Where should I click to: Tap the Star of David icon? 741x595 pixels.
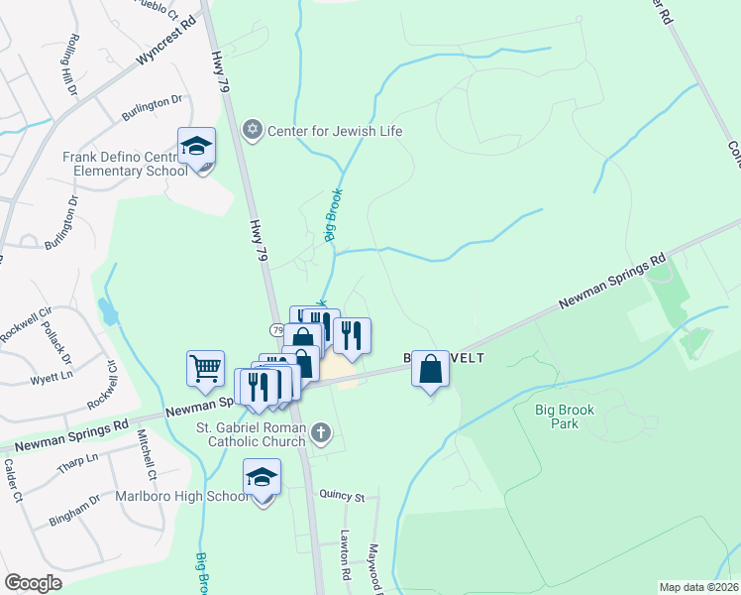click(252, 131)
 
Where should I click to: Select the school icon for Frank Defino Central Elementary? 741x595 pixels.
click(197, 147)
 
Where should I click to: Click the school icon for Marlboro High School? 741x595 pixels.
click(262, 478)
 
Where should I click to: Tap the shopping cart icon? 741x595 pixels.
click(205, 369)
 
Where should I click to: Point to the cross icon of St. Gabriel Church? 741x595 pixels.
click(319, 432)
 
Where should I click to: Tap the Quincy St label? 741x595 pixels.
click(342, 496)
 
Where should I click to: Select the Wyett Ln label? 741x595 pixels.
click(52, 379)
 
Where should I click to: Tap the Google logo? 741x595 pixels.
click(34, 583)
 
